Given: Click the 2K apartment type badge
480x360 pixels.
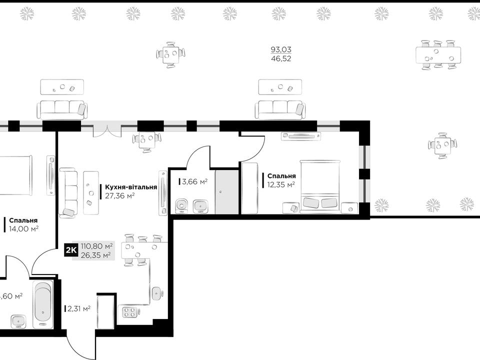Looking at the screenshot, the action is point(71,250).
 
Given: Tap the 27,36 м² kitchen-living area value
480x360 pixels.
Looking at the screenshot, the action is point(119,196).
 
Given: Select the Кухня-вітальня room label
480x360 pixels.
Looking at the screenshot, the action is point(131,187).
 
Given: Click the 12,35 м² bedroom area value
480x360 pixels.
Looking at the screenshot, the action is point(281,184).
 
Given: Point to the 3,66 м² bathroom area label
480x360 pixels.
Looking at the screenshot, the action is point(194,182).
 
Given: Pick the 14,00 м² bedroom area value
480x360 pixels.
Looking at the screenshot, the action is point(23,228).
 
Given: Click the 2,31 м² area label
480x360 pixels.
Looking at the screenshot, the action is point(78,308).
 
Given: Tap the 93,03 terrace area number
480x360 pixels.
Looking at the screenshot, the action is point(281,49).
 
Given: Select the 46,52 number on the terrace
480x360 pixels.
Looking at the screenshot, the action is point(281,58).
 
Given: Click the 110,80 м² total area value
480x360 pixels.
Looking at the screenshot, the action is point(96,246).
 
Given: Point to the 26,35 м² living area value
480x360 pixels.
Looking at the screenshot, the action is point(96,255).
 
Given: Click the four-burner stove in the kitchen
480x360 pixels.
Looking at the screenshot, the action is point(129,312).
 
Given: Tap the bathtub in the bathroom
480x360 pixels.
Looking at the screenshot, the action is point(43,304).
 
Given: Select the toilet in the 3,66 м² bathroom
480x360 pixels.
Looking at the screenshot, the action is point(182,205).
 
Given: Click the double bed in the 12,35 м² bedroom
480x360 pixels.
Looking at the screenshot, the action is point(320,186).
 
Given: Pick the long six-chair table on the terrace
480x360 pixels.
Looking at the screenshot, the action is point(438,55).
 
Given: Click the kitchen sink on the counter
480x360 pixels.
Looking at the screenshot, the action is point(156,293).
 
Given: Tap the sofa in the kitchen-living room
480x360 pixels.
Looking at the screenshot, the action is point(68,193).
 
